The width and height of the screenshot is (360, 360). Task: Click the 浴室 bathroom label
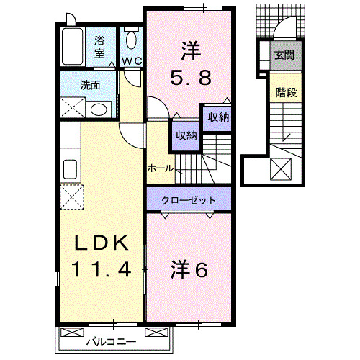[x=99, y=47]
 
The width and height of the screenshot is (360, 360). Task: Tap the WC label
[x=131, y=60]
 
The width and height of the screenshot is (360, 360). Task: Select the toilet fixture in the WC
[x=131, y=40]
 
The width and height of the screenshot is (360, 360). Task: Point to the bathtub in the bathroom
[x=73, y=47]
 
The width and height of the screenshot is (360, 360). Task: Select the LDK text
[x=102, y=243]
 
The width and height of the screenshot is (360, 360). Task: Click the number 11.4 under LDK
[x=102, y=270]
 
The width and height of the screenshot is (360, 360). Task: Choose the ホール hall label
[x=159, y=168]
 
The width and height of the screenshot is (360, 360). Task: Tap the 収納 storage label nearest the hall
[x=184, y=133]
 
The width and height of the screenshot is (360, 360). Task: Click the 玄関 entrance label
[x=283, y=53]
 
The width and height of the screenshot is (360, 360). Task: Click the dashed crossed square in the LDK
[x=72, y=196]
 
